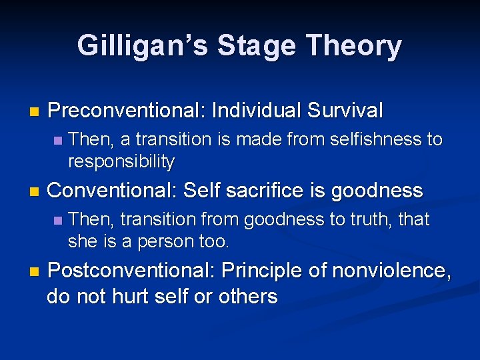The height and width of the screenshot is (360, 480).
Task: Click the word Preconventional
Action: coord(127,111)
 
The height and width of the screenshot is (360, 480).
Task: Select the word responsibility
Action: coord(121,161)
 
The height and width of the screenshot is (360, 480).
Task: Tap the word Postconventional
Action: coord(131,271)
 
